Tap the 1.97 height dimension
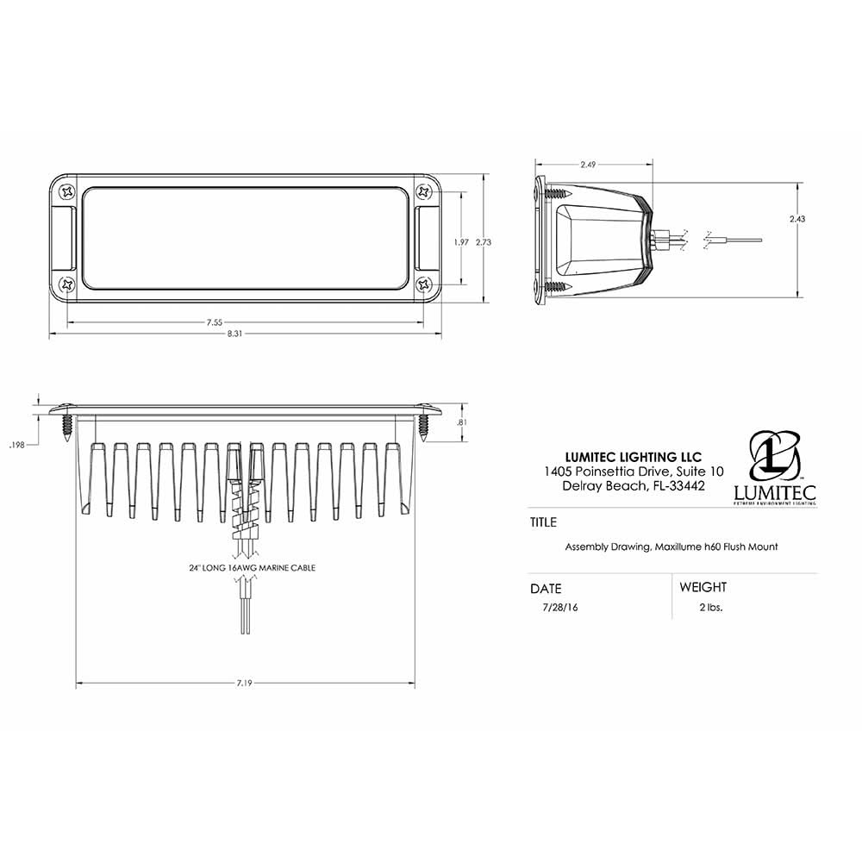click(461, 243)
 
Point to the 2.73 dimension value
click(484, 243)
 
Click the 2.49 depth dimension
click(588, 164)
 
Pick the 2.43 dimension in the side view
click(797, 219)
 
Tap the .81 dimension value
click(461, 422)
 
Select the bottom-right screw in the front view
click(423, 284)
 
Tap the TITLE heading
click(543, 522)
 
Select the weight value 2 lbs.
click(710, 607)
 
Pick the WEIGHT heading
click(703, 587)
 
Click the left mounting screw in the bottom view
click(66, 426)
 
